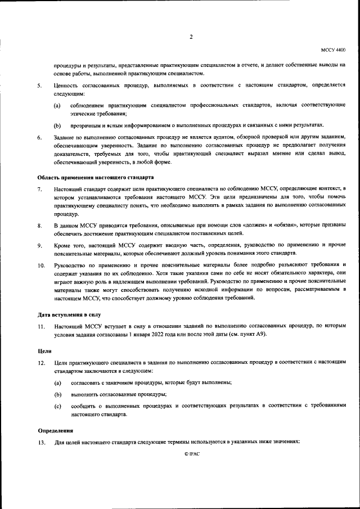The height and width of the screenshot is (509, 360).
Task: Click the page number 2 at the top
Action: pyautogui.click(x=191, y=38)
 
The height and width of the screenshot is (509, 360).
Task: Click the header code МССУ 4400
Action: pyautogui.click(x=333, y=50)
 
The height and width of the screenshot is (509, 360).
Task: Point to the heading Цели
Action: pyautogui.click(x=45, y=351)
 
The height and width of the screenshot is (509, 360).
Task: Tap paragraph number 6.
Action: pyautogui.click(x=39, y=137)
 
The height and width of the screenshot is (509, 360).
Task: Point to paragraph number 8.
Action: pyautogui.click(x=39, y=226)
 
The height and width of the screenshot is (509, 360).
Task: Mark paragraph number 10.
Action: pyautogui.click(x=41, y=265)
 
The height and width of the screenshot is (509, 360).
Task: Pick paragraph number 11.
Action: pyautogui.click(x=41, y=326)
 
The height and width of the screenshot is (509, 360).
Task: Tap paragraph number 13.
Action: pyautogui.click(x=41, y=443)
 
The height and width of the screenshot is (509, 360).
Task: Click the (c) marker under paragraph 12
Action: pyautogui.click(x=57, y=406)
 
